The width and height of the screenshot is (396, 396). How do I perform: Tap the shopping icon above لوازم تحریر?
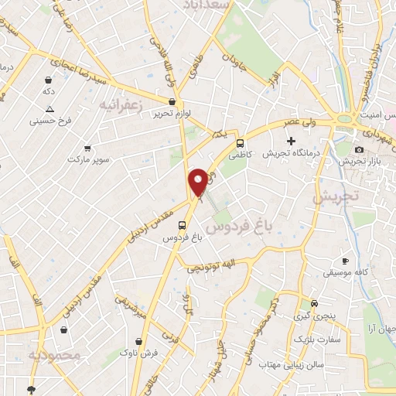(172, 101)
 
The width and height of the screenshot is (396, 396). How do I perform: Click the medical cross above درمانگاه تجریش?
(291, 141)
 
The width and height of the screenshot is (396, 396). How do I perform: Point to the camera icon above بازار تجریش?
(359, 149)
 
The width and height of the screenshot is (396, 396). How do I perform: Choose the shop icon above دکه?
(49, 80)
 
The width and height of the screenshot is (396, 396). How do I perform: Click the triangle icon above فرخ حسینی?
(49, 109)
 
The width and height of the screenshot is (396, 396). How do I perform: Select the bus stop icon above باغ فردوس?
(182, 226)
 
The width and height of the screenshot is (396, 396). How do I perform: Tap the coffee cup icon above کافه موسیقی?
(345, 261)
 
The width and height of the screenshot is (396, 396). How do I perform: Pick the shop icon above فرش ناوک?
(139, 340)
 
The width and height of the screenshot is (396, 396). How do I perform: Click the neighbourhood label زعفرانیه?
(125, 105)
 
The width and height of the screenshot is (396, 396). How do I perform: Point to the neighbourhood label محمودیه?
(54, 356)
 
